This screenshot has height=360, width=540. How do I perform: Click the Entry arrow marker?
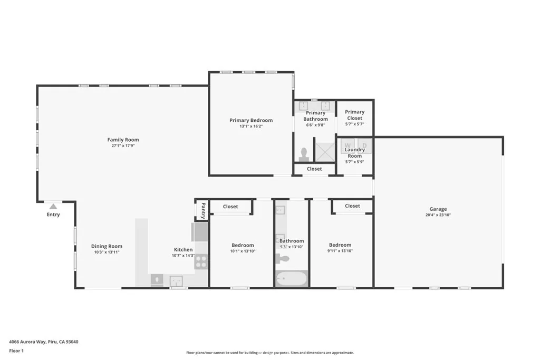(x=53, y=207)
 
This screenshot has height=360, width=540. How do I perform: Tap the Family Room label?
(x=123, y=140)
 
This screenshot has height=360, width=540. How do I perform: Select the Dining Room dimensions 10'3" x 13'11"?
(x=107, y=252)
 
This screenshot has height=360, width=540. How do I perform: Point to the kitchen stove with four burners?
(x=201, y=262)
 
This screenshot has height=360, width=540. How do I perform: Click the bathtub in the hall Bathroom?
(x=291, y=278)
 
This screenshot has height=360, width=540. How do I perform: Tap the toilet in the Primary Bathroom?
(x=304, y=154)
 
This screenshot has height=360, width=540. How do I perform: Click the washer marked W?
(x=348, y=144)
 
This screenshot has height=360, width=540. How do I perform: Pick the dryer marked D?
(x=364, y=144)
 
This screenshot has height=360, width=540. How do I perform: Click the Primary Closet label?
(x=354, y=115)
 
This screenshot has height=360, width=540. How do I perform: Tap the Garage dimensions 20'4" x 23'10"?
(x=438, y=215)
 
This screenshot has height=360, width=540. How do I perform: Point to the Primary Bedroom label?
(x=251, y=120)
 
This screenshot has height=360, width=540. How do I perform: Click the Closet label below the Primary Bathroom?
(x=314, y=169)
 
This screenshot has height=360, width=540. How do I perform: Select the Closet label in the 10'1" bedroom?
(x=230, y=207)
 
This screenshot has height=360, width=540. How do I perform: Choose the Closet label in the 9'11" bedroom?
(x=352, y=206)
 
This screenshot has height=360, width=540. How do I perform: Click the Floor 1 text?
(x=16, y=351)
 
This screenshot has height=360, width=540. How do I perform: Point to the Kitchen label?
(x=183, y=249)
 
